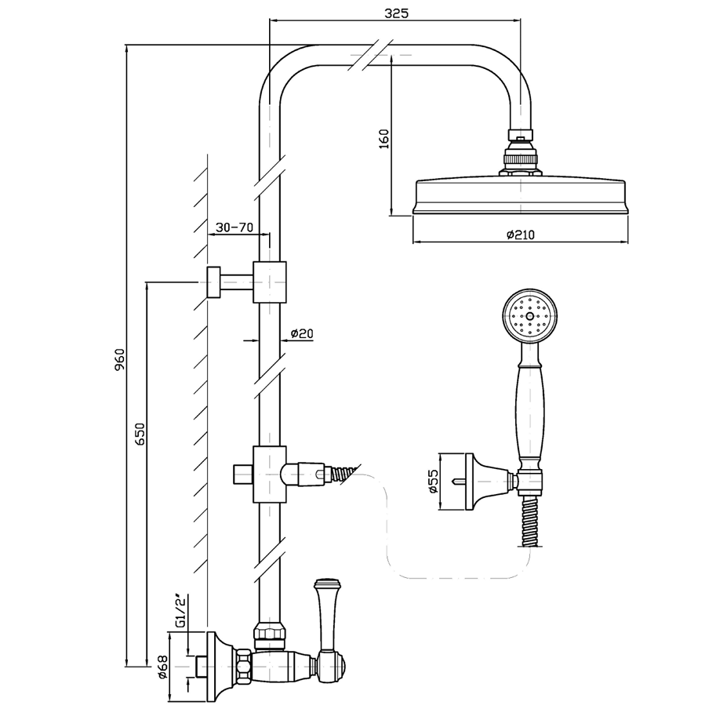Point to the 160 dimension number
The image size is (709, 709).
tap(383, 139)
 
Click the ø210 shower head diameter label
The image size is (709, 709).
tap(520, 235)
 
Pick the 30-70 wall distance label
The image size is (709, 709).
tap(234, 227)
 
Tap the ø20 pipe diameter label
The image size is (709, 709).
tap(302, 333)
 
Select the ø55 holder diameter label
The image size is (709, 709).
tap(432, 482)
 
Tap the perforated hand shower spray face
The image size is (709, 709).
tap(531, 316)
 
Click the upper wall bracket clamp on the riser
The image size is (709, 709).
tap(269, 282)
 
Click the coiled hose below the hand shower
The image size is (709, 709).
tap(529, 522)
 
